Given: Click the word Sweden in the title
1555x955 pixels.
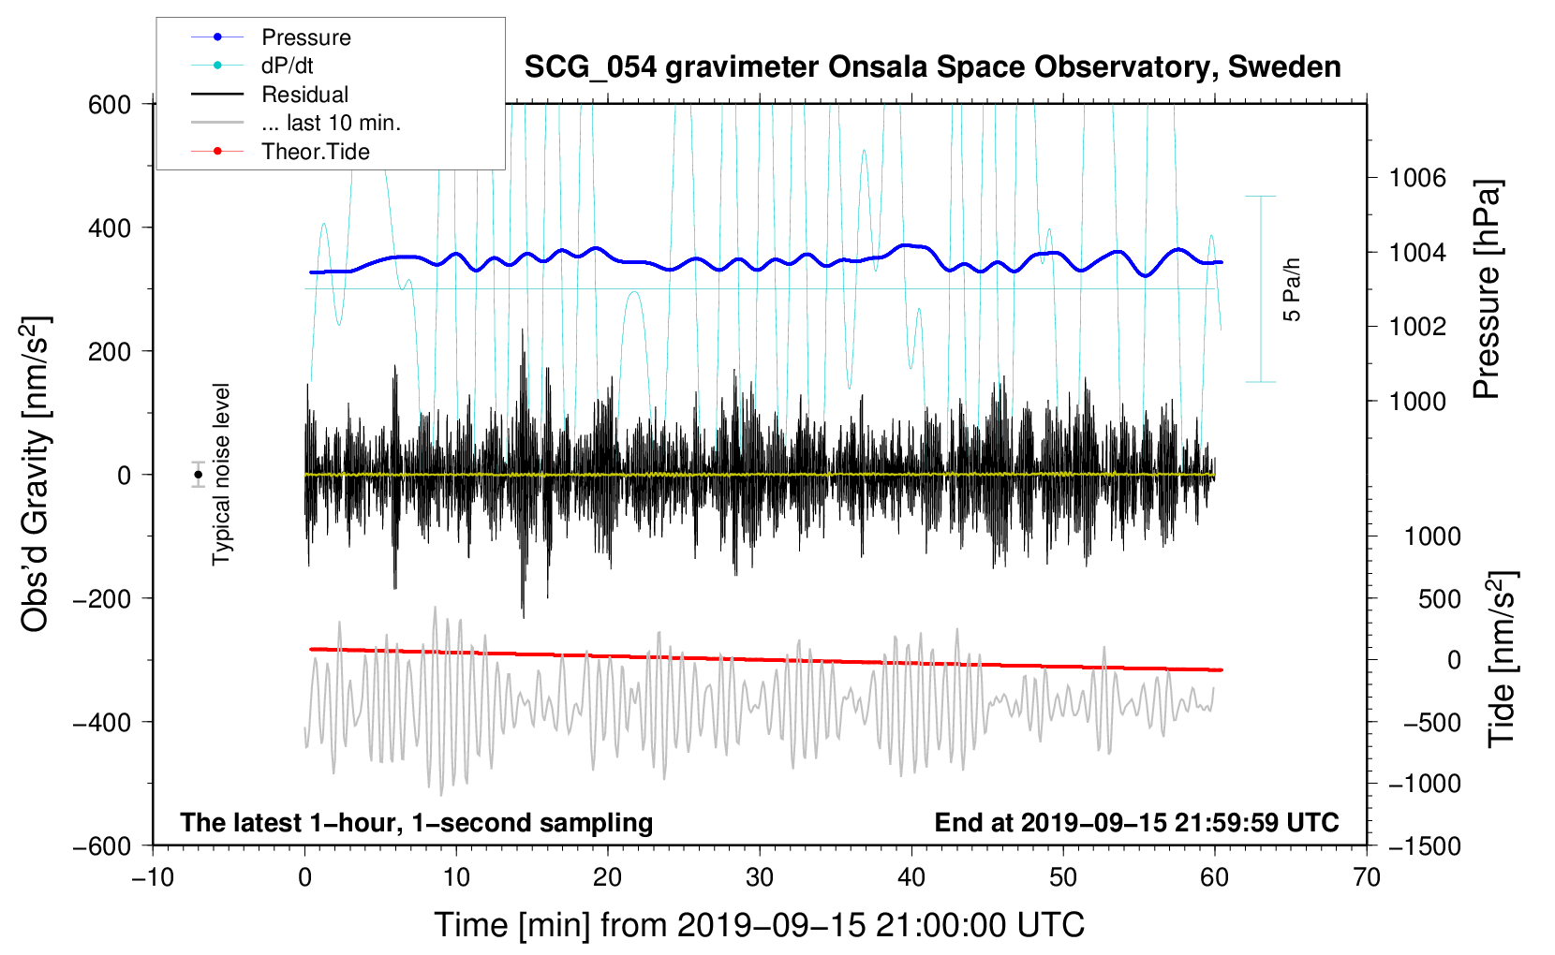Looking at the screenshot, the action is click(1284, 67).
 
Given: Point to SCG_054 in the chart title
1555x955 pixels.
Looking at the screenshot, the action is click(589, 68).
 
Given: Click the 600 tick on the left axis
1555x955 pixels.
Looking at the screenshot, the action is click(109, 105).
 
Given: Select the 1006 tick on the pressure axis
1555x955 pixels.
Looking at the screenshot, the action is click(1417, 179).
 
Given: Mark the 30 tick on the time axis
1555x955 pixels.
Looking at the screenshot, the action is click(760, 878).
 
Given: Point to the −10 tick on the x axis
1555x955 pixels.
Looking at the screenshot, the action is click(152, 878).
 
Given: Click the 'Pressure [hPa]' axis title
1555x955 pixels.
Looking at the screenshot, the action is click(1487, 289).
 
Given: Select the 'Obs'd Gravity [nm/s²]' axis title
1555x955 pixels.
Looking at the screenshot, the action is click(36, 474).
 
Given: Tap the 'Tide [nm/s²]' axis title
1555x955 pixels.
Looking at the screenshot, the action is click(1503, 659).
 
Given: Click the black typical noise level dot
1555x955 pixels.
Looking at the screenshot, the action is click(198, 475).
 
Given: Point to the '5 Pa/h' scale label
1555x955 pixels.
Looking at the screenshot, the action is click(1291, 289).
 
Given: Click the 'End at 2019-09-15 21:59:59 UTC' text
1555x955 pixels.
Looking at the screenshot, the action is click(1136, 822).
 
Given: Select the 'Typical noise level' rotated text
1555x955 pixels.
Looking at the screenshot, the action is click(221, 474).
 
